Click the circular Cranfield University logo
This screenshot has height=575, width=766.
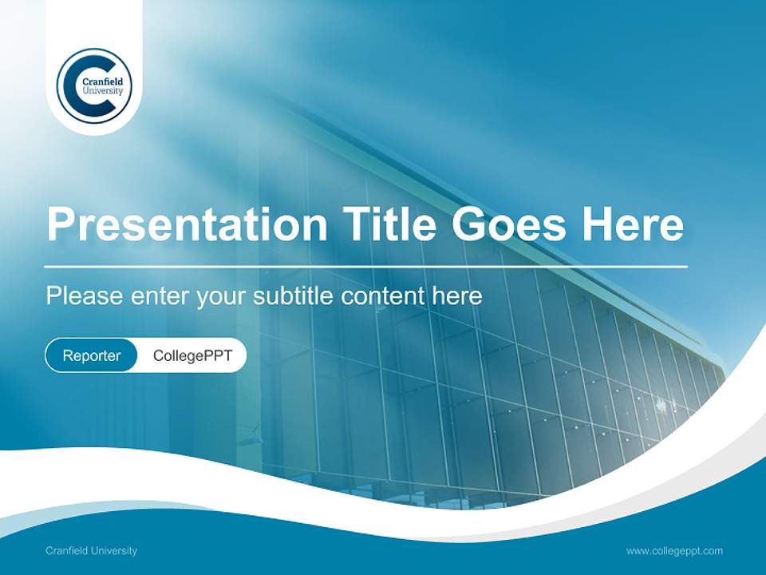[x=94, y=85]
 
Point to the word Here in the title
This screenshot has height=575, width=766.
[x=633, y=224]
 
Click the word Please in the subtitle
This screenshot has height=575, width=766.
[x=81, y=296]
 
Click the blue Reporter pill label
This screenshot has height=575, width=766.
[x=92, y=355]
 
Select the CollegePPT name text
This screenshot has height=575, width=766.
[x=192, y=355]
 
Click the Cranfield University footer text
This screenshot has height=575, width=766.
[x=91, y=550]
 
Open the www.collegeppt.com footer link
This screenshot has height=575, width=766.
[x=674, y=550]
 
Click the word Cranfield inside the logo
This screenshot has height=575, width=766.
[x=103, y=81]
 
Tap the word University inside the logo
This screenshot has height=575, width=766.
[x=103, y=91]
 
